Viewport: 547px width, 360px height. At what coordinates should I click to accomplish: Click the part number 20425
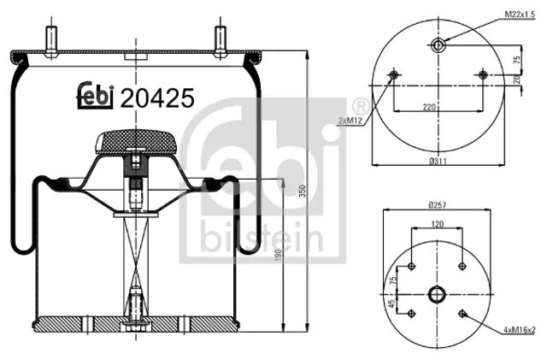click(157, 98)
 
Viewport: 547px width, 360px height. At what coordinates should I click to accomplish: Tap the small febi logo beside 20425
click(95, 96)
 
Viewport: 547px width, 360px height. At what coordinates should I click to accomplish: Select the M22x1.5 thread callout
click(520, 15)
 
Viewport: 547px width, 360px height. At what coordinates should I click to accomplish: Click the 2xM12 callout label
click(350, 121)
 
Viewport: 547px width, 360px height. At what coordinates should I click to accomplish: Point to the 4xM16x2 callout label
click(519, 330)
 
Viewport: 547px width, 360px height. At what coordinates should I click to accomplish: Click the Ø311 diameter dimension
click(438, 162)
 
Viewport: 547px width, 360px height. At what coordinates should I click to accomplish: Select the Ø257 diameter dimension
click(437, 205)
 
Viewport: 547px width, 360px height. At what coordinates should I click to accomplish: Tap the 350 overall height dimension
click(303, 191)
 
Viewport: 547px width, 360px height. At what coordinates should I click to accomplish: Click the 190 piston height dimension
click(278, 255)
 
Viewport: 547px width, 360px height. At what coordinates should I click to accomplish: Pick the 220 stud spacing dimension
click(429, 107)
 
